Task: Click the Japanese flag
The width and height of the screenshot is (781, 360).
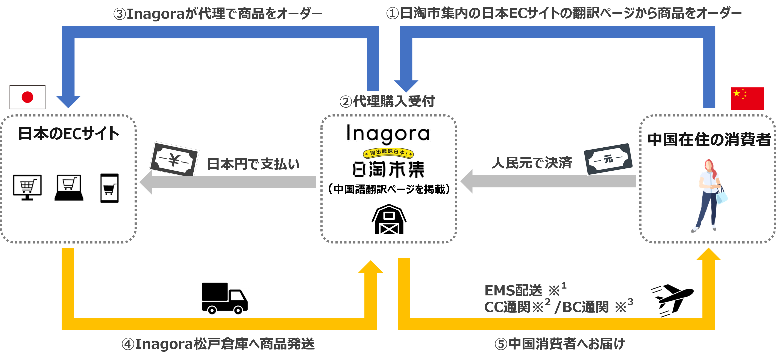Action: click(x=27, y=97)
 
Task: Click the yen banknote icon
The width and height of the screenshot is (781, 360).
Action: click(x=174, y=159)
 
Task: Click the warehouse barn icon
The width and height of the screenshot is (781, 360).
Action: click(x=389, y=219)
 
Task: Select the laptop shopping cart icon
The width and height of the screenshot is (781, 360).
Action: click(x=69, y=187)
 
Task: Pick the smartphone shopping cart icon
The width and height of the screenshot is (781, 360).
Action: click(x=109, y=188)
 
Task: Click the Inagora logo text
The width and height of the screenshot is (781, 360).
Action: click(x=388, y=133)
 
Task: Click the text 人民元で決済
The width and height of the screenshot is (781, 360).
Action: click(x=531, y=163)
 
